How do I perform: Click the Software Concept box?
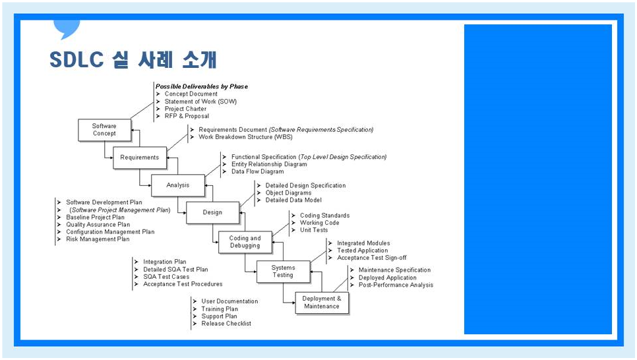pos(104,130)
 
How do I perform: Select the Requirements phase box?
pos(139,158)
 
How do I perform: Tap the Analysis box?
pos(177,185)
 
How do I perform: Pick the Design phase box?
pos(212,212)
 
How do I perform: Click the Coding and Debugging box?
pos(245,242)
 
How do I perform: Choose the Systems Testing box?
pos(283,271)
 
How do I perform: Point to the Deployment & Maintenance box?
pos(321,303)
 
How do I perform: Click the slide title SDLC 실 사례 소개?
pos(133,61)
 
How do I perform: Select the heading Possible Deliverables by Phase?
pos(201,86)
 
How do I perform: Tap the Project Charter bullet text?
pos(185,109)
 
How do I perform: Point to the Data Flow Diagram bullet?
pos(257,171)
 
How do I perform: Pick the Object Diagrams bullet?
pos(288,193)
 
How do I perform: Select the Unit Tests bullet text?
pos(313,230)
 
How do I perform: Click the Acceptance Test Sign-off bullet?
pos(371,258)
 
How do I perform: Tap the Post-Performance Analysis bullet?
pos(396,285)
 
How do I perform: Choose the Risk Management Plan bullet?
pos(98,239)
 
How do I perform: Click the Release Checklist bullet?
pos(226,324)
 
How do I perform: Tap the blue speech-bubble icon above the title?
pos(67,29)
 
